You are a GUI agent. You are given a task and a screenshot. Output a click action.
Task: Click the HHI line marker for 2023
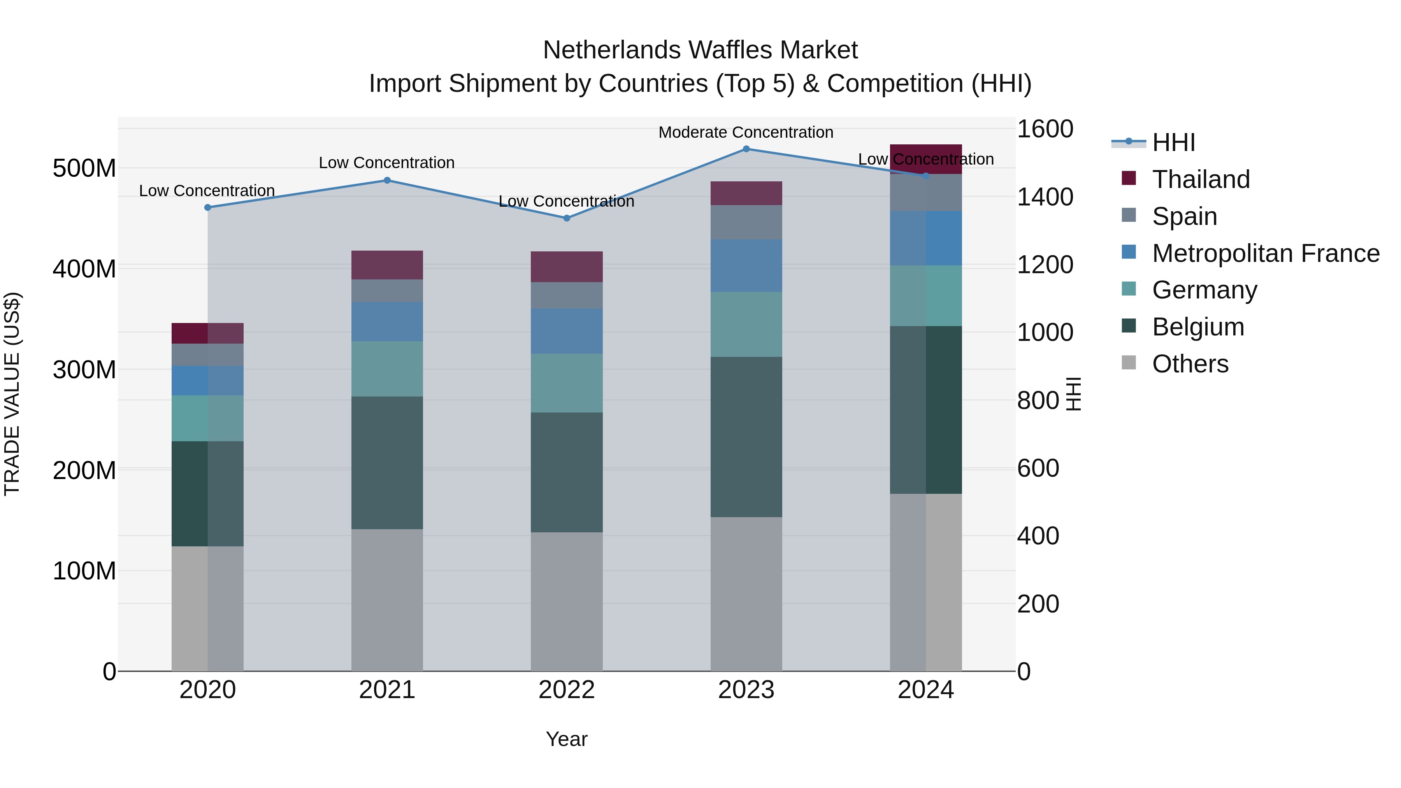[746, 149]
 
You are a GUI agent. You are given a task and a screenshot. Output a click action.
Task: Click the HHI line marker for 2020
[208, 207]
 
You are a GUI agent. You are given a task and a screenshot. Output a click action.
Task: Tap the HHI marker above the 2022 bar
[567, 218]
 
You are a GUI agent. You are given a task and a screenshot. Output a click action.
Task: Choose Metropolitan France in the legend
[1265, 253]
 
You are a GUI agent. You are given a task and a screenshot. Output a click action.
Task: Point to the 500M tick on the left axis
[84, 168]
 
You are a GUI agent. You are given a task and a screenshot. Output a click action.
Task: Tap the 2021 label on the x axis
[387, 690]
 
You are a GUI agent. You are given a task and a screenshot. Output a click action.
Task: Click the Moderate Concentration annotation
[746, 132]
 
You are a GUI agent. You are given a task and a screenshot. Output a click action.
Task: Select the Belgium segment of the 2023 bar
[746, 437]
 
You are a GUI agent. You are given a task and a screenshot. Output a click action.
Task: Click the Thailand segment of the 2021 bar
[387, 265]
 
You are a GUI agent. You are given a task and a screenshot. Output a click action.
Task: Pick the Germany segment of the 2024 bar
[926, 296]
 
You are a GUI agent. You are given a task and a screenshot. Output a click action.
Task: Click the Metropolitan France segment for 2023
[746, 265]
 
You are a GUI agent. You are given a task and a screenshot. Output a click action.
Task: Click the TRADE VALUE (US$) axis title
[12, 394]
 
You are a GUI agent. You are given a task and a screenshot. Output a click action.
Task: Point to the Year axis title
[567, 739]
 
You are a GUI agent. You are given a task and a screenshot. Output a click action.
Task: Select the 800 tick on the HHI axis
[1038, 401]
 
